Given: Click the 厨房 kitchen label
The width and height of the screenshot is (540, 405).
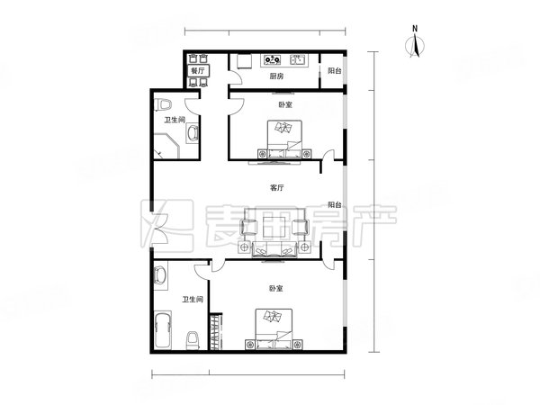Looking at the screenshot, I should (277, 77).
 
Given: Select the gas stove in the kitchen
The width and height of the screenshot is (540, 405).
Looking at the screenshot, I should (273, 61).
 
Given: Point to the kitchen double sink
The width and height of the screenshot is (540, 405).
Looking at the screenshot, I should (300, 61).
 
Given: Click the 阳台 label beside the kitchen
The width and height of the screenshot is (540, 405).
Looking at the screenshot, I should (333, 70).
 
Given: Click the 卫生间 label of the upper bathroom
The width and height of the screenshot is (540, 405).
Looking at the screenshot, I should (175, 120).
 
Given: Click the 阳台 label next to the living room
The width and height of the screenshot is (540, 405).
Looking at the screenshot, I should (334, 204).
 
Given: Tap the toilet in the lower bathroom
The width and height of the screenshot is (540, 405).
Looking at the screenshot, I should (192, 338).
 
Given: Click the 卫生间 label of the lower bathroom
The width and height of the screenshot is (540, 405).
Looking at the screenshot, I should (192, 300).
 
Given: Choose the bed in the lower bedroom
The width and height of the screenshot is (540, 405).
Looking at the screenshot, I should (273, 328).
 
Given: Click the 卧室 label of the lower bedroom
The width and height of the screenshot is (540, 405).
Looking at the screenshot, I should (275, 289).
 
